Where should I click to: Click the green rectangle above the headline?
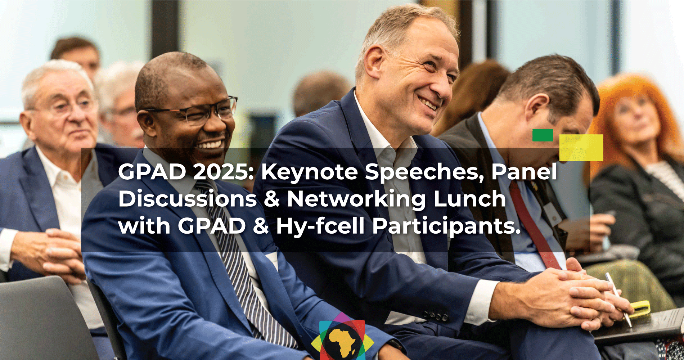[x=543, y=135]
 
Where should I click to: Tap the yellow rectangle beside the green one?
[x=581, y=148]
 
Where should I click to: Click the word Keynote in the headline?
[x=310, y=172]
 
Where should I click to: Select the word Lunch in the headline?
[x=470, y=199]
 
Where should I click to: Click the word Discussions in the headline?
[x=188, y=199]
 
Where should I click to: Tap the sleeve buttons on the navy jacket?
[x=436, y=316]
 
